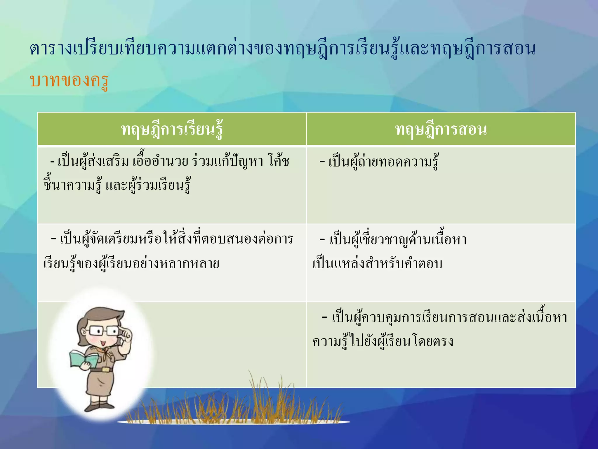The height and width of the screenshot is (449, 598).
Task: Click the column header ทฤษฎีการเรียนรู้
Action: click(x=172, y=129)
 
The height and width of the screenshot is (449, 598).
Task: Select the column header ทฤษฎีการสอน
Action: click(x=441, y=129)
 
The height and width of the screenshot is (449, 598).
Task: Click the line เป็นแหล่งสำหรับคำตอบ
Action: click(x=378, y=263)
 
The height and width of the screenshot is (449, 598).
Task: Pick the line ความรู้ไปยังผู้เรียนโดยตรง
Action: click(x=383, y=341)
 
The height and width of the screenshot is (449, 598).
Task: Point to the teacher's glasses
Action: click(x=104, y=331)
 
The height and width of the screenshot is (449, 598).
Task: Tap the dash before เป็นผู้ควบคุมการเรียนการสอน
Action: click(x=324, y=317)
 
